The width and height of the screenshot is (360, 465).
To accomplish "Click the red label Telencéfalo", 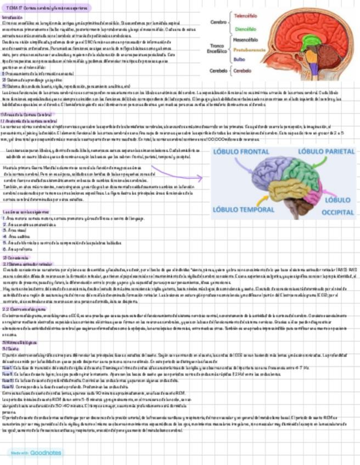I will (x=246, y=16).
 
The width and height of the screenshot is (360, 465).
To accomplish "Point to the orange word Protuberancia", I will (x=250, y=49).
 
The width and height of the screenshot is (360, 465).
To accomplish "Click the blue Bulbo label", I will (x=239, y=59).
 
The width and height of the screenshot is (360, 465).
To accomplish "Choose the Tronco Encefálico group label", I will (x=216, y=48).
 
